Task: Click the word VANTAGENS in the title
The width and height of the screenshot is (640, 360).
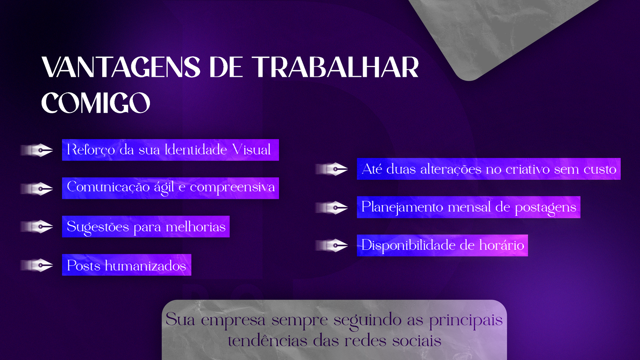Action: (121, 67)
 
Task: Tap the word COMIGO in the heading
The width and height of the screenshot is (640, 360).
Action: (96, 103)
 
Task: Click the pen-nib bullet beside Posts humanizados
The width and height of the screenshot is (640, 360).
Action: (37, 265)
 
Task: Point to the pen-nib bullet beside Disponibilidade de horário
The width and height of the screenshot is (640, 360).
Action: (332, 245)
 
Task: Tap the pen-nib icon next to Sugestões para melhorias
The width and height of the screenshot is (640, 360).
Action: (37, 227)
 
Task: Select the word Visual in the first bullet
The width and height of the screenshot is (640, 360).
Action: (251, 150)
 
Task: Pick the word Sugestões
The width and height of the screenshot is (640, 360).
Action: (98, 227)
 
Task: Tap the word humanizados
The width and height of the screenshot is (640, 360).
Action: (145, 265)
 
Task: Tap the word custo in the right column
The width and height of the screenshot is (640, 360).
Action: (600, 169)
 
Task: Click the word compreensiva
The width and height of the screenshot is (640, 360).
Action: (232, 188)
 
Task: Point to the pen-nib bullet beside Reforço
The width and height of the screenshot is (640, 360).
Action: (37, 150)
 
